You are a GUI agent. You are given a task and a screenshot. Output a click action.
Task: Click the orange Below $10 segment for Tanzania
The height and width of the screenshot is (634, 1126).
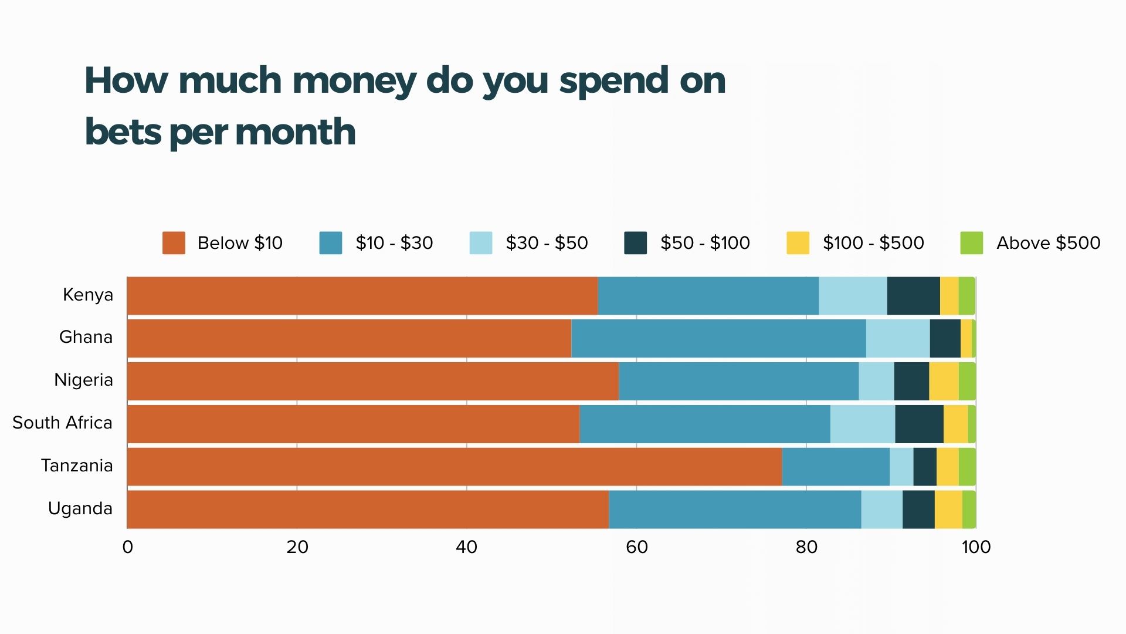point(455,467)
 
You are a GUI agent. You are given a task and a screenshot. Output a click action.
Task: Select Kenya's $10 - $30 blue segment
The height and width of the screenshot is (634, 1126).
point(708,296)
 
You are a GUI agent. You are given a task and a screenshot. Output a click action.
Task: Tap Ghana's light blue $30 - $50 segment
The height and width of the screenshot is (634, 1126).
point(897,338)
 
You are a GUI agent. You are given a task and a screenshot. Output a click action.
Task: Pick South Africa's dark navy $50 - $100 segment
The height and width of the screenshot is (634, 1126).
point(919,424)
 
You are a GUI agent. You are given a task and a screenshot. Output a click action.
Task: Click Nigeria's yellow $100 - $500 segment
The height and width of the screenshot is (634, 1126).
point(944,381)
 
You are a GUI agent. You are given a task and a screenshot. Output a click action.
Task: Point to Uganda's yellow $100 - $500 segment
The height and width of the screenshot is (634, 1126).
point(948,510)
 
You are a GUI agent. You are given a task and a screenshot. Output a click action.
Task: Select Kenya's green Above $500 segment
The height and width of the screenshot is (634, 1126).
point(966,296)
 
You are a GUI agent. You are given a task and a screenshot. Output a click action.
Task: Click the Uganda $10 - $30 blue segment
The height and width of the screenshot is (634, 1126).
point(735,510)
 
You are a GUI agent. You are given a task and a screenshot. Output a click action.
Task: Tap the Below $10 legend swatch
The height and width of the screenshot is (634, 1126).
point(174,243)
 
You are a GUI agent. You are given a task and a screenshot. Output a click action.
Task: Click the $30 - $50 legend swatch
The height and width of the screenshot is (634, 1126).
point(481,243)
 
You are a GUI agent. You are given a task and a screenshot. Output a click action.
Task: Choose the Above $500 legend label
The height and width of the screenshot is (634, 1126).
point(1048,243)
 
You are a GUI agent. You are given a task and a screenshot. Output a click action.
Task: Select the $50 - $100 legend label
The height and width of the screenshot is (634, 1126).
point(705,243)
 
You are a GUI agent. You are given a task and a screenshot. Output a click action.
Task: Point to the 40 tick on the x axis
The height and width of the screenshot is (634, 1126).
point(467,547)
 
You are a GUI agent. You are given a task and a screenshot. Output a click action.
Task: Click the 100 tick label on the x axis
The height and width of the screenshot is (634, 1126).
point(976,547)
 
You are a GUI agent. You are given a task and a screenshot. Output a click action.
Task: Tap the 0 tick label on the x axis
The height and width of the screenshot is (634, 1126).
point(127,547)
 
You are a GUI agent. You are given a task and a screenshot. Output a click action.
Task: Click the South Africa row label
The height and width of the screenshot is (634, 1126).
point(62,423)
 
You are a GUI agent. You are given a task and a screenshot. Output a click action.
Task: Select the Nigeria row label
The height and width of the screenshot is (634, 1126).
point(83,380)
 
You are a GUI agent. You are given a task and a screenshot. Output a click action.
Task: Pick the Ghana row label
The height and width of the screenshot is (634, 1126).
point(86,337)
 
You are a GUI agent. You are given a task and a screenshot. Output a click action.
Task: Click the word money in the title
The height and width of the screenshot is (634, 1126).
point(354,80)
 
